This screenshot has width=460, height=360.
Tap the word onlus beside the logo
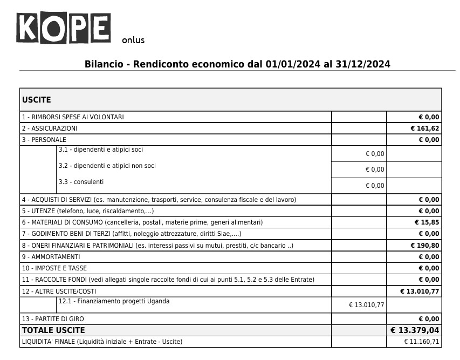coord(133,40)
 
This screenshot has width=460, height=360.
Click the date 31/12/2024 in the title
coord(362,64)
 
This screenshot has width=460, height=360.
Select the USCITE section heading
coord(37,100)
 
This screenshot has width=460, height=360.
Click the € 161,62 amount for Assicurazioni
coord(425,128)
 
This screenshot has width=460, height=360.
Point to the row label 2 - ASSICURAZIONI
coord(50,128)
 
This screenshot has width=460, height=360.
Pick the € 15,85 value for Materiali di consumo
coord(427,222)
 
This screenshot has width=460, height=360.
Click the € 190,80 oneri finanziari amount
coord(425,245)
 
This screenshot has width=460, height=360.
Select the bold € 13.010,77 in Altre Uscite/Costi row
coord(420,291)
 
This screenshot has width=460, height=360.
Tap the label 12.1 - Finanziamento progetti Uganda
coord(114,301)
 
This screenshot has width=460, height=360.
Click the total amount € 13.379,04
coord(415,330)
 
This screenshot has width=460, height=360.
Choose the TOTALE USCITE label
coord(53,330)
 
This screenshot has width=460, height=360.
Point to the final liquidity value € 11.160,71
coord(422,342)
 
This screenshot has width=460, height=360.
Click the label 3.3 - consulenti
coord(81,182)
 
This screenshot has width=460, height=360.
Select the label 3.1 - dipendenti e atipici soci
coord(101,150)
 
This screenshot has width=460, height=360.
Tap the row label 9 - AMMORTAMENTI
coord(51,257)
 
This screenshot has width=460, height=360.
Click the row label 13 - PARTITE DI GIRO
coord(53,319)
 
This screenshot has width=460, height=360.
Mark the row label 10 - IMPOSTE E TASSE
coord(54,268)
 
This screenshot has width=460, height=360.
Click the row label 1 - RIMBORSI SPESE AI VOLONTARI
coord(73,117)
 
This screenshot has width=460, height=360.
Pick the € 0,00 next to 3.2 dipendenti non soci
coord(375,169)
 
